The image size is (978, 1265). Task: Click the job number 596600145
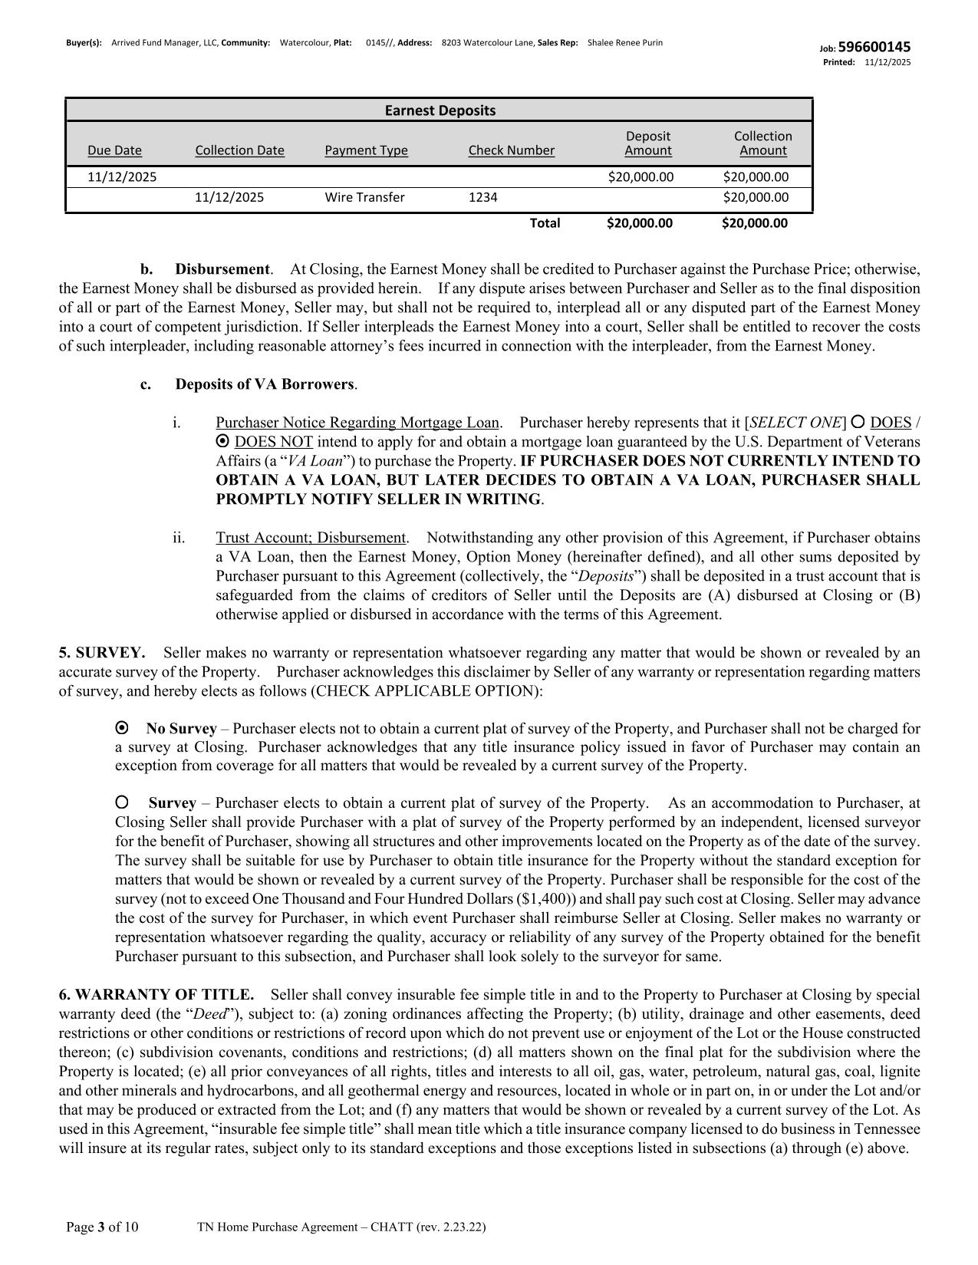tap(874, 48)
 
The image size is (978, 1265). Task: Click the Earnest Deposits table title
tap(440, 110)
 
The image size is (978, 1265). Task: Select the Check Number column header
tap(511, 150)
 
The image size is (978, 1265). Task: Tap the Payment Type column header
tap(366, 150)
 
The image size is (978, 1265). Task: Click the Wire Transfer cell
tap(364, 197)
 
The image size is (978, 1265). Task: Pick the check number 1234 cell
tap(482, 197)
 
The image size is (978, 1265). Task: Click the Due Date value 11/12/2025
tap(122, 177)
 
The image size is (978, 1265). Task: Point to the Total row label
tap(545, 223)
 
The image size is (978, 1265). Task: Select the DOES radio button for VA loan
tap(858, 422)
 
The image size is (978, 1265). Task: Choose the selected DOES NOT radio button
tap(222, 441)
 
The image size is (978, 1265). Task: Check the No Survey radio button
tap(121, 727)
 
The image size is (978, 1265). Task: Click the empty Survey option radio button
tap(121, 802)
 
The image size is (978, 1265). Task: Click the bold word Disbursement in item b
tap(222, 269)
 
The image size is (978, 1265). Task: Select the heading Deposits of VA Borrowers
tap(265, 384)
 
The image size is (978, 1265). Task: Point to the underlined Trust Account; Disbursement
tap(310, 538)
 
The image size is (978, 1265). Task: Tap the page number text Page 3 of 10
tap(102, 1227)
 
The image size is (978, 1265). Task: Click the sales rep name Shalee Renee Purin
tap(624, 43)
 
